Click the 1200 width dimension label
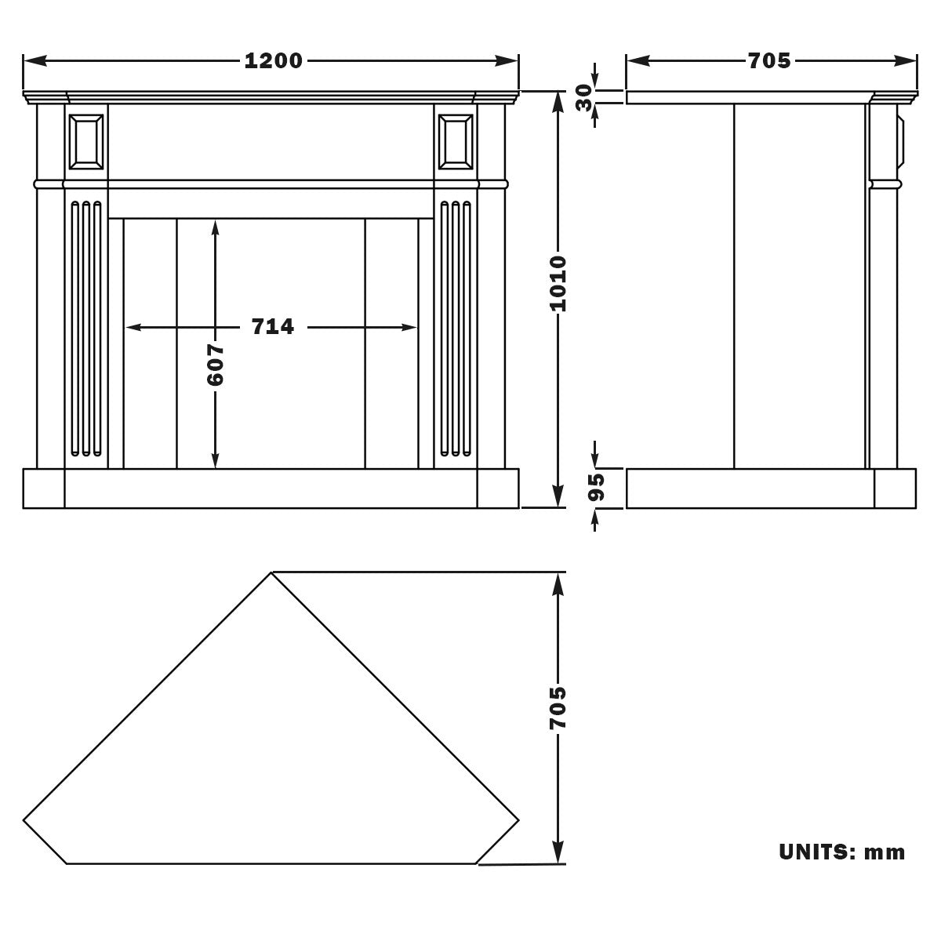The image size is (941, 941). pos(273,61)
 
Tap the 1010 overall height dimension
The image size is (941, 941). pos(558,283)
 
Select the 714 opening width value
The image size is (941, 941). pos(272,327)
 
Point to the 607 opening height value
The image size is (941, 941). pos(216,365)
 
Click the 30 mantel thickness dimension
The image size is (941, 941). pos(584,98)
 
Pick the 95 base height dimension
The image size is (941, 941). pos(596,487)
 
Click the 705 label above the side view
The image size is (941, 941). pos(769,61)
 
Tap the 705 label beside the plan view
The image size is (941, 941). pos(558,709)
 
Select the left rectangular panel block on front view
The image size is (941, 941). pos(86,142)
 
